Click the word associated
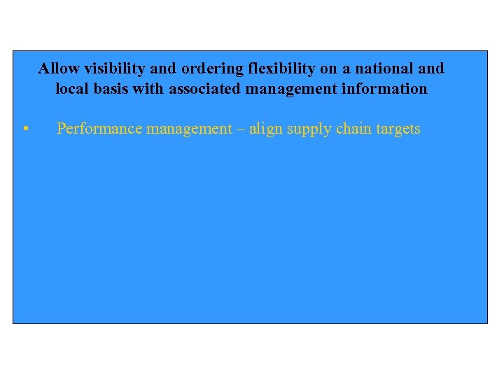tap(204, 89)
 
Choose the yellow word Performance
tap(99, 129)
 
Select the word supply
tap(308, 129)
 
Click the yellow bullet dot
tap(24, 129)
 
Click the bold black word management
tap(290, 89)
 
